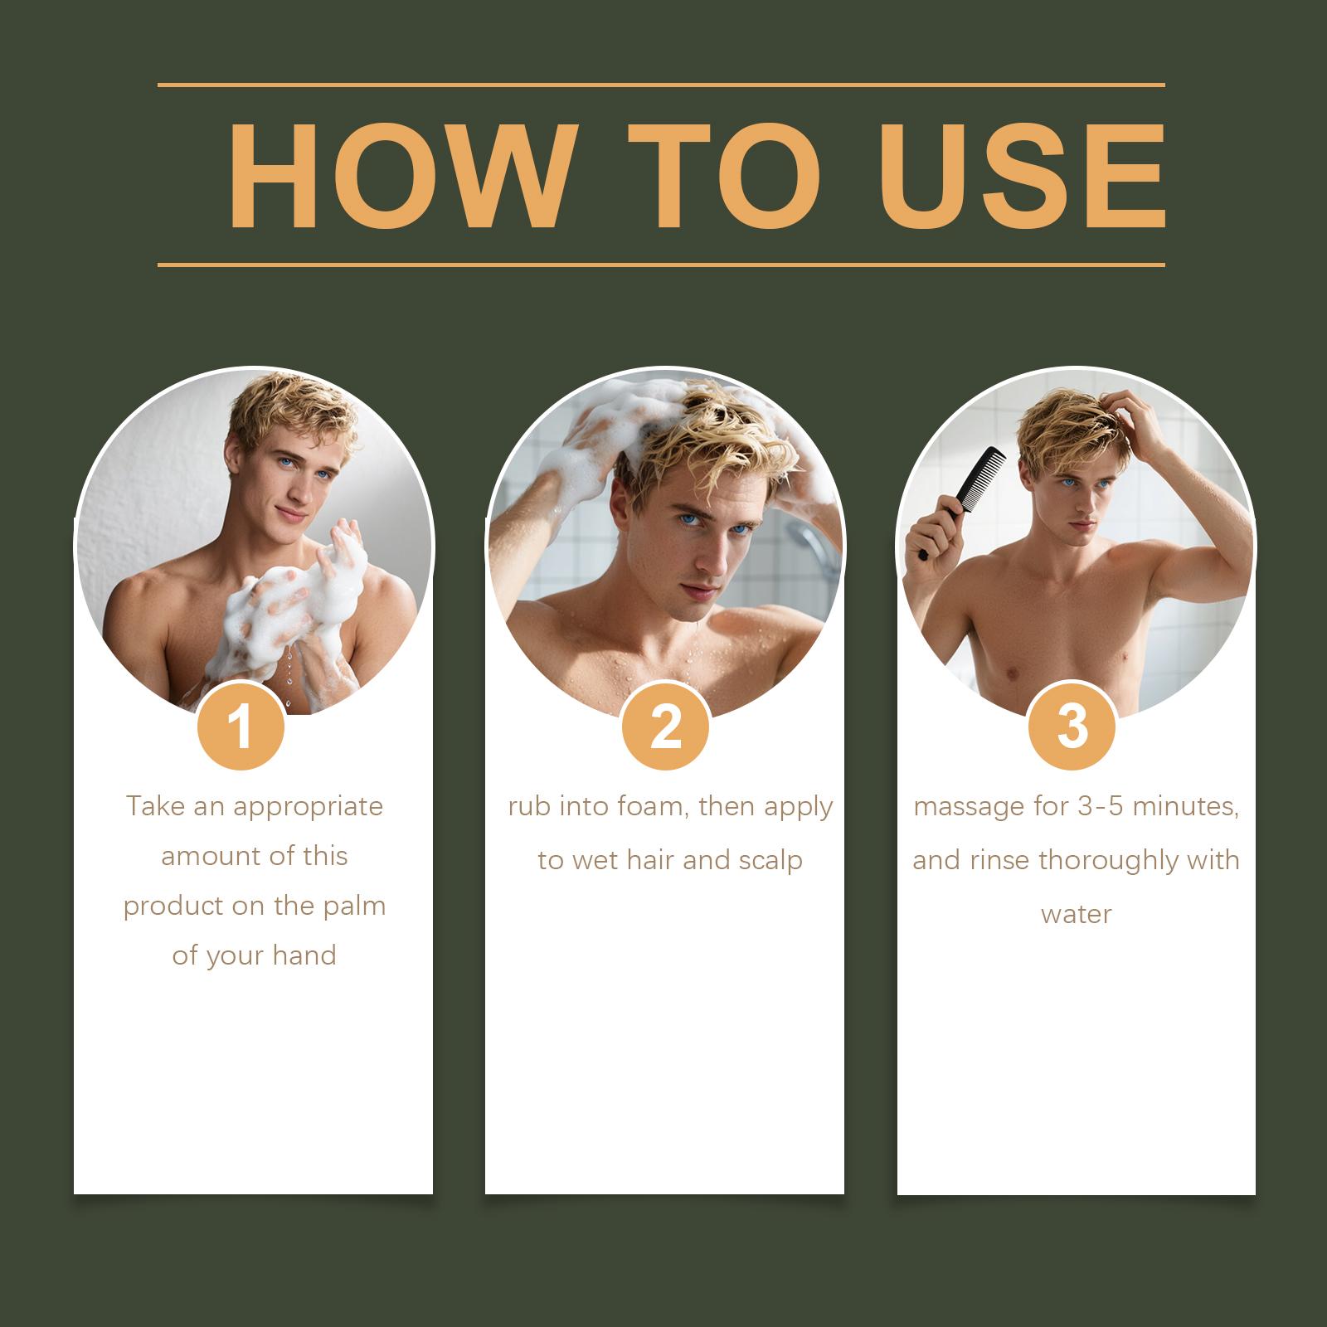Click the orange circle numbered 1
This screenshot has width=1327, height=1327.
[x=241, y=727]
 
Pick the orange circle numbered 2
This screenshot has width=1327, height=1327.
[x=666, y=727]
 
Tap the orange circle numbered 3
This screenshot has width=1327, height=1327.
[x=1072, y=727]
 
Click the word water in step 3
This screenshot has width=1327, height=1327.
[x=1076, y=915]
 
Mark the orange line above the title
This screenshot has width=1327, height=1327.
[x=661, y=85]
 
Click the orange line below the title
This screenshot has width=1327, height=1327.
[x=661, y=265]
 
